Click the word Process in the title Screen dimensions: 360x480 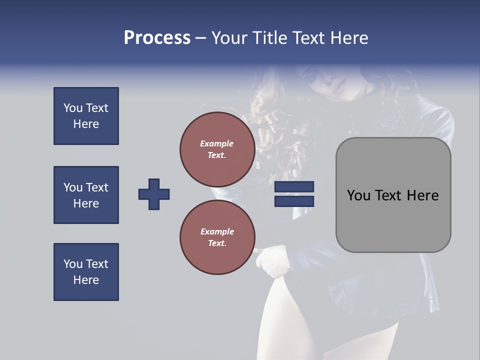coord(157,38)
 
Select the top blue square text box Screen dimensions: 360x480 coord(86,116)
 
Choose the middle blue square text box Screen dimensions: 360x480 coord(86,195)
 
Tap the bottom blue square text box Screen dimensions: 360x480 coord(86,272)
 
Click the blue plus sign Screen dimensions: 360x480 coord(154,194)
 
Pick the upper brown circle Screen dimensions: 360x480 coord(217,149)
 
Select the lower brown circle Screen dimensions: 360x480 coord(217,237)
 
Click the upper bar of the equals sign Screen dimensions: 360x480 coord(294,186)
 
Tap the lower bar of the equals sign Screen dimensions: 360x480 coord(294,201)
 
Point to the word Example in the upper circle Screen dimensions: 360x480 coord(217,143)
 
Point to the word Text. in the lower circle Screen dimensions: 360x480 coord(217,243)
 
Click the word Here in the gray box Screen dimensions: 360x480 coord(422,195)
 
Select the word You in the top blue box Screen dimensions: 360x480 coord(72,108)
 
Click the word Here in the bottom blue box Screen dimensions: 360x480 coord(86,280)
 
